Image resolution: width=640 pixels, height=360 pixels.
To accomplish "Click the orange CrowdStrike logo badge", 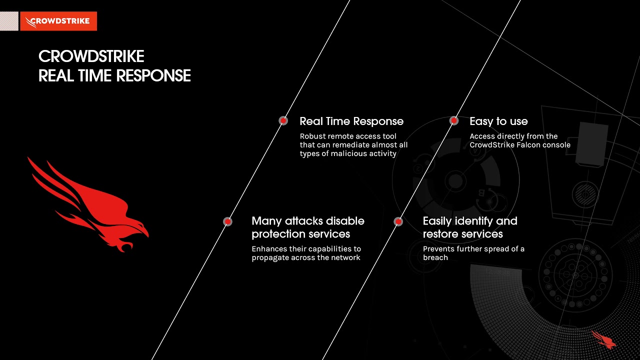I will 58,21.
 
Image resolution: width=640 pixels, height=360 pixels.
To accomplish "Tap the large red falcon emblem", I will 90,205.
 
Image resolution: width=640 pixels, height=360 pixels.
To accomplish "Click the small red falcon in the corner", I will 604,339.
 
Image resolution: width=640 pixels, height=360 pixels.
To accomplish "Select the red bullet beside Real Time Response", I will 283,120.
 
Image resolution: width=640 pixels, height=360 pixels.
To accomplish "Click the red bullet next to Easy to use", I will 453,120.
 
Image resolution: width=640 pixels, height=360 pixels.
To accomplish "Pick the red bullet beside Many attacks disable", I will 227,221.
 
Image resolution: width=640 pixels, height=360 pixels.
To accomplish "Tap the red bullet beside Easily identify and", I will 398,221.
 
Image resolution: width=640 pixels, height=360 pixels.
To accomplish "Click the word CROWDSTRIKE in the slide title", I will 91,56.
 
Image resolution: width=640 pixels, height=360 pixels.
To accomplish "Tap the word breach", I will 435,257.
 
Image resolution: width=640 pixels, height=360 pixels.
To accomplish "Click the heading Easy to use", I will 498,121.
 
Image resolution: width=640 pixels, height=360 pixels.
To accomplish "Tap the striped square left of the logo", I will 9,21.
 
